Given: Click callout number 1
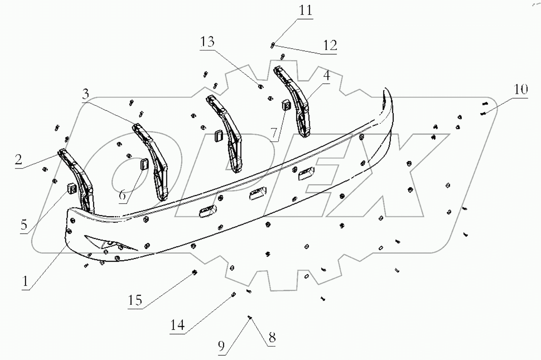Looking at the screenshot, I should click(x=25, y=281).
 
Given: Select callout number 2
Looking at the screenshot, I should click(x=19, y=159).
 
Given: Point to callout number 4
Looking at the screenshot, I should click(x=326, y=75).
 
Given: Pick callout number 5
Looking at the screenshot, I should click(x=24, y=224).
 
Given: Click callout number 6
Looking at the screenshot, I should click(x=122, y=195).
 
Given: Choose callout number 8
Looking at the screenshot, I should click(x=272, y=337).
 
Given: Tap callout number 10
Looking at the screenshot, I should click(x=521, y=90).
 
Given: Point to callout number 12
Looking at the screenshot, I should click(x=330, y=45).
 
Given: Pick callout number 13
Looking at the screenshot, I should click(x=207, y=41).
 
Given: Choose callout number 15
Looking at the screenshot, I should click(x=134, y=300).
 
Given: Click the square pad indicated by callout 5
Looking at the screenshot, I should click(x=71, y=187).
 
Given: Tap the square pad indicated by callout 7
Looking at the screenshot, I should click(x=286, y=105).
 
